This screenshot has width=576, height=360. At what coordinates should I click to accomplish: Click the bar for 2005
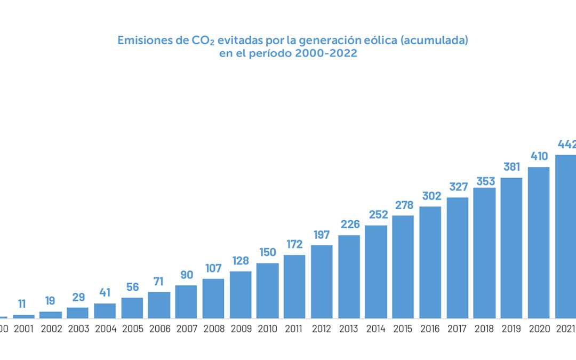(132, 308)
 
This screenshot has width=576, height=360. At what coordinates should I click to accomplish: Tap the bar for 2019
(511, 248)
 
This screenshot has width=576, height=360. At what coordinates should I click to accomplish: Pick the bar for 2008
(213, 298)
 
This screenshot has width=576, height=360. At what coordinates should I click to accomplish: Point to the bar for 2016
(430, 262)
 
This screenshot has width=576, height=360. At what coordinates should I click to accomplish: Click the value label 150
(267, 252)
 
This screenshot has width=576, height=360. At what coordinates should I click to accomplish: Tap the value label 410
(539, 156)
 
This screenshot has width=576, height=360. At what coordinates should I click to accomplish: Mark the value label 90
(186, 275)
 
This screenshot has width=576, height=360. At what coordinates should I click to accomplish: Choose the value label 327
(457, 187)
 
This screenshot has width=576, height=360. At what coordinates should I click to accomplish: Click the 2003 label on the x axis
(78, 329)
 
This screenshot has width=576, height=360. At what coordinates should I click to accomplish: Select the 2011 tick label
(294, 329)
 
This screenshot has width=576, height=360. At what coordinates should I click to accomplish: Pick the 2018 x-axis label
(484, 329)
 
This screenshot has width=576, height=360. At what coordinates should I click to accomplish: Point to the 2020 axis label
(539, 329)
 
